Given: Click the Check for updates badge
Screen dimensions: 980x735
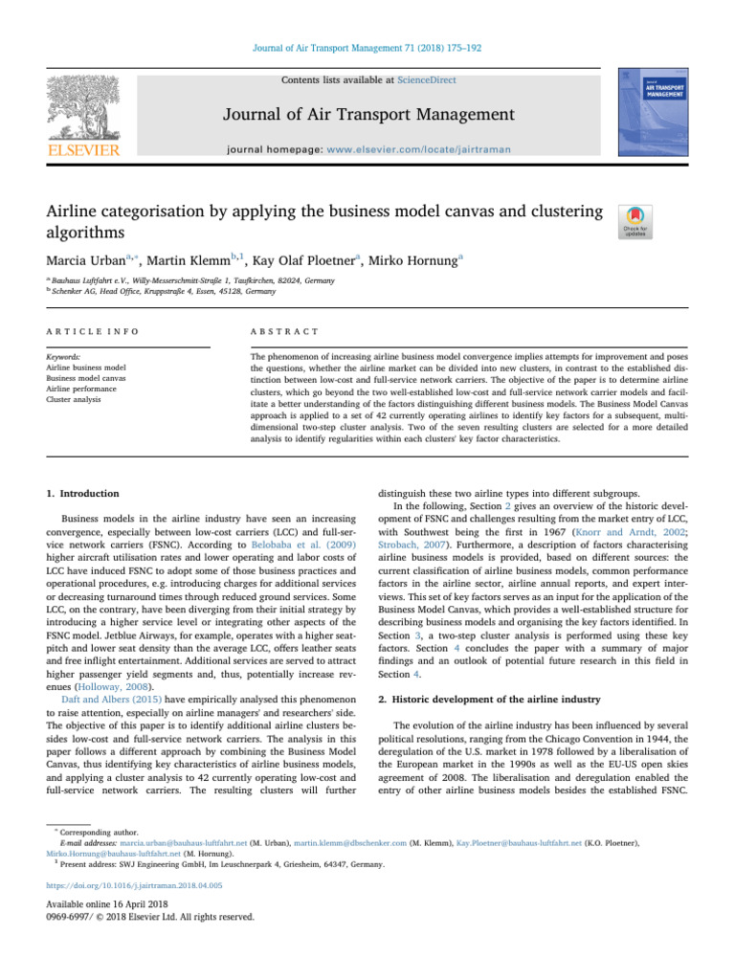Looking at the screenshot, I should coord(636,221).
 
